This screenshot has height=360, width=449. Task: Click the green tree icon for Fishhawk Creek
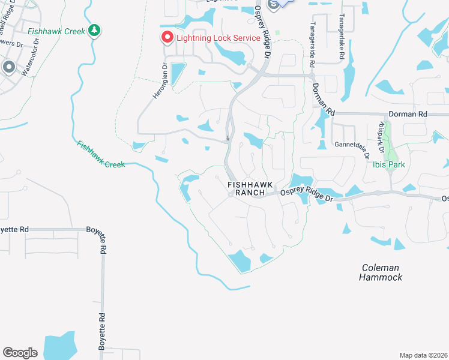[94, 30]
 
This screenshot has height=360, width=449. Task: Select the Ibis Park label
[388, 164]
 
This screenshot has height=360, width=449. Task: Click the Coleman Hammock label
[381, 272]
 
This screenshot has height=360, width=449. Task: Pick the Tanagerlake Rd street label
[341, 37]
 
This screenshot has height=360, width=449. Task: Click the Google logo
[20, 353]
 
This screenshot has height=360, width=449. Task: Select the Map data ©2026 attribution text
[423, 355]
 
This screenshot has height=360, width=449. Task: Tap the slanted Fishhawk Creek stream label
[101, 154]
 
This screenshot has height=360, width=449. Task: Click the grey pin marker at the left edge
[8, 67]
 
